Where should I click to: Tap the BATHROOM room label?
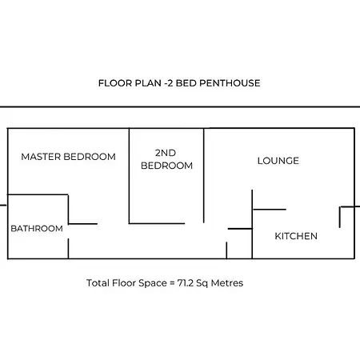pos(37,229)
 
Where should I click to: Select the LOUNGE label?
pos(278,161)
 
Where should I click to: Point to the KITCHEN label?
pos(296,236)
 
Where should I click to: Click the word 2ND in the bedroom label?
pos(166,153)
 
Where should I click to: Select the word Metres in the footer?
pos(227,283)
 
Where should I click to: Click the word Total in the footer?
pos(98,283)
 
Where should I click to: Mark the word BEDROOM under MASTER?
pos(90,156)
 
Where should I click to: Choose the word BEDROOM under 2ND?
pos(166,166)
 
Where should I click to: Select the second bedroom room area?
pos(166,196)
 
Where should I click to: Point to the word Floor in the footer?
pos(126,283)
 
